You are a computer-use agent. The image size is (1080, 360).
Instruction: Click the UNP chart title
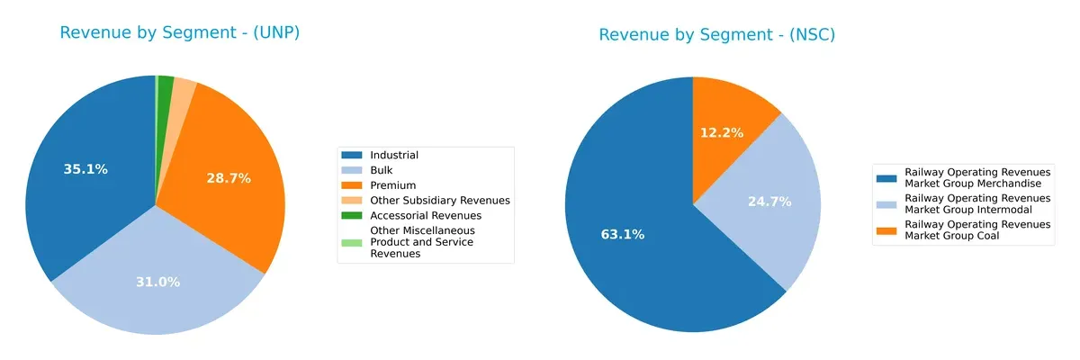pos(179,33)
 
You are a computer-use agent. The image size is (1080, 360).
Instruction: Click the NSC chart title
pos(717,35)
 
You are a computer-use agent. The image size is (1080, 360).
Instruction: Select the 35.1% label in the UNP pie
pos(85,169)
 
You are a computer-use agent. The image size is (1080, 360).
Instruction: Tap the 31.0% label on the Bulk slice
pos(157,282)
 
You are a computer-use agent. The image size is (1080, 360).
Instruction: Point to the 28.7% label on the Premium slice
pos(228,178)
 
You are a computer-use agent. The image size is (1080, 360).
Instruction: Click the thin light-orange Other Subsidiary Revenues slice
pos(184,89)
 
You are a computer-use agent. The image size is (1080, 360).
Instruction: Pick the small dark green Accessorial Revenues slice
pos(166,86)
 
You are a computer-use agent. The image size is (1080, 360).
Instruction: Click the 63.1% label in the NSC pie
pos(623,235)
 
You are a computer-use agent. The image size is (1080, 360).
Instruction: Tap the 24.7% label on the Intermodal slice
pos(769,202)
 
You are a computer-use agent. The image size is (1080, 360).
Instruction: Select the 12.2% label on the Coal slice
pos(722,132)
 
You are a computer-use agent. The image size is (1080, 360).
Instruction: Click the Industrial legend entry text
pos(394,155)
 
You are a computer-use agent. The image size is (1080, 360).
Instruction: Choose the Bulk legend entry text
pos(382,170)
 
